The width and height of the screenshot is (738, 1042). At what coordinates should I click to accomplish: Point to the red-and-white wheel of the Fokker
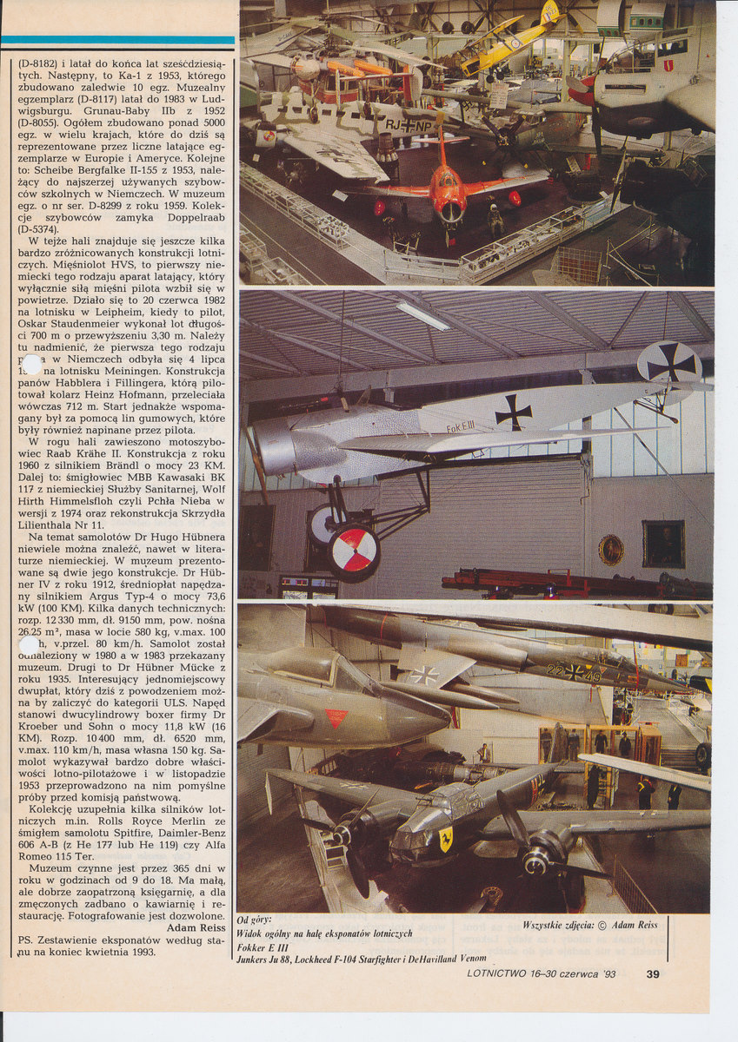[x=354, y=551]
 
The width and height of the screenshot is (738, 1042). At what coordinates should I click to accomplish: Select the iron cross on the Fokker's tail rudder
[x=669, y=362]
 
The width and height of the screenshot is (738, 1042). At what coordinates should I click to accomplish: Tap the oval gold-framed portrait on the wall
[x=610, y=550]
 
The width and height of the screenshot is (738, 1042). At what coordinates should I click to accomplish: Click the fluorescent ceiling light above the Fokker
[x=422, y=316]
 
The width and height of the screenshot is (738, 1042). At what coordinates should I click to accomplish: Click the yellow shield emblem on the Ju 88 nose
[x=446, y=838]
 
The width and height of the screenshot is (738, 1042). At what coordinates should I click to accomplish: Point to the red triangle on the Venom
[x=336, y=718]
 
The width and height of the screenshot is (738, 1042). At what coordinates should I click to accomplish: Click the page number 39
[x=653, y=973]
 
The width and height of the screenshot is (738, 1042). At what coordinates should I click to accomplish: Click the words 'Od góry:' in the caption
[x=254, y=920]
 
